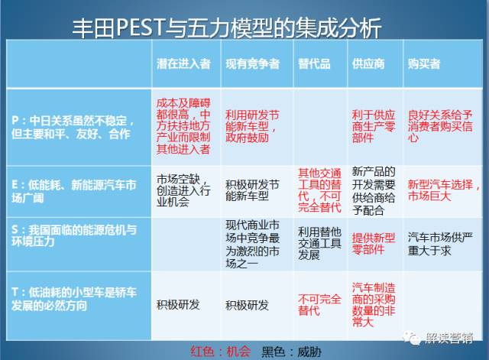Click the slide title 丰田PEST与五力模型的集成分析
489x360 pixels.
227,28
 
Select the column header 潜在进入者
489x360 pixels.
183,63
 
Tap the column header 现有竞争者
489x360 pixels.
253,63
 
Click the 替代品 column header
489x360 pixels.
314,63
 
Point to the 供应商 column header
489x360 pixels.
368,63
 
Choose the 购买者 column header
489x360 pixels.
424,63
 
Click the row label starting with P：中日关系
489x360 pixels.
73,128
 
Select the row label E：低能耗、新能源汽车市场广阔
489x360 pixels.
74,191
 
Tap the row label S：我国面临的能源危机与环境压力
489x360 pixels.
74,236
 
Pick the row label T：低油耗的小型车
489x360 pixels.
74,299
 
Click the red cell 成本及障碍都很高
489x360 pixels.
183,126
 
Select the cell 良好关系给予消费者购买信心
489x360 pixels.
440,126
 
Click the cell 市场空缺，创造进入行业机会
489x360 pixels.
183,190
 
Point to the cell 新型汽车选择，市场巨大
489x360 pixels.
443,190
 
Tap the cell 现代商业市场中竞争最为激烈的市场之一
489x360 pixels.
253,245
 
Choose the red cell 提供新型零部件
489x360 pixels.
374,244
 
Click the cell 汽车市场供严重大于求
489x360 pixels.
440,244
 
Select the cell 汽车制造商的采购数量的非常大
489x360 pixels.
374,305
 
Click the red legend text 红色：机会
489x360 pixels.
221,352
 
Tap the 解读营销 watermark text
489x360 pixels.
449,338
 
